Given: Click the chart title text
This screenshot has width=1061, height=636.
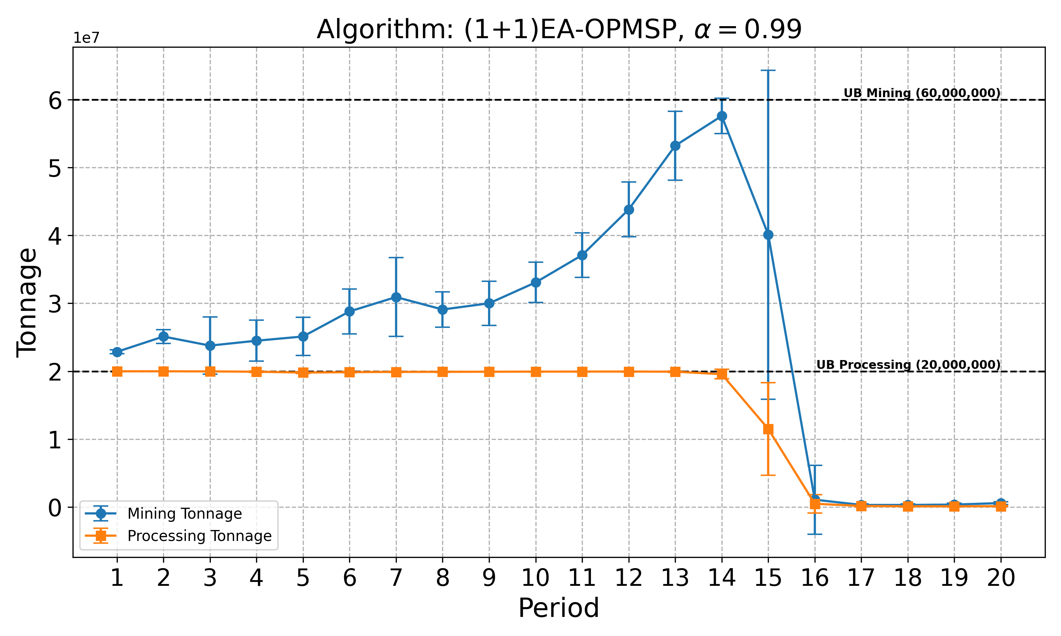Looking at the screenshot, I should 559,30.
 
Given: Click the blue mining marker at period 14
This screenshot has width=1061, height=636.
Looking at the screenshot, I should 722,116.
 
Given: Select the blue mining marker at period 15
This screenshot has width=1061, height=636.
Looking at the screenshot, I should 768,235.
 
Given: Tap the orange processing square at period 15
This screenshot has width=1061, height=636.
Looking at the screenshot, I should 768,429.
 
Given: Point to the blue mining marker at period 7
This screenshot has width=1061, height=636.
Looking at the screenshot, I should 396,298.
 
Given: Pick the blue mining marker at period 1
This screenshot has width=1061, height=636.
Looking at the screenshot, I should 117,352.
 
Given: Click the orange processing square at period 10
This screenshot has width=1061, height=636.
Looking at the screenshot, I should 536,372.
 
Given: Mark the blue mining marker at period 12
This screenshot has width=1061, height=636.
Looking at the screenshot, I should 629,210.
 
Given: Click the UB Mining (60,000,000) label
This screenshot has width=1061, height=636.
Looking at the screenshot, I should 922,93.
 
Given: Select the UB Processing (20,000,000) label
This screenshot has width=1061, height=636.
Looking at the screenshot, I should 908,365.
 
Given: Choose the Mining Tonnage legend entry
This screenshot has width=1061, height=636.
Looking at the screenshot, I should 184,513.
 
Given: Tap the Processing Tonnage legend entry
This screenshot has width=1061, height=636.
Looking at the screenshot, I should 199,536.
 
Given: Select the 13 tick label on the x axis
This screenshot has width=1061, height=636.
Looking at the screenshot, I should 675,578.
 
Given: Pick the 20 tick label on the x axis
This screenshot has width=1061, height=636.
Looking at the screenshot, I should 1001,578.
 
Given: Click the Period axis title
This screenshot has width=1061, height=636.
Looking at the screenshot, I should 559,608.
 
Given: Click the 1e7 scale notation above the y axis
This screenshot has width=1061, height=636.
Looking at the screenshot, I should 86,38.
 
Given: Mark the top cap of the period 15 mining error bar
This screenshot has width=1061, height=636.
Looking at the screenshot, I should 768,70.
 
